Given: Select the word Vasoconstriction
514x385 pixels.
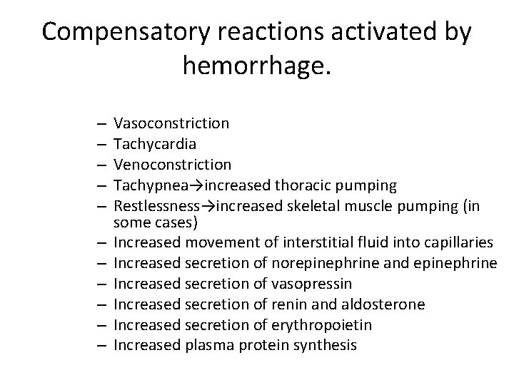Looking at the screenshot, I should (x=171, y=123).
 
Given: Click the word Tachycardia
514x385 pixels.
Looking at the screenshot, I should (x=155, y=144).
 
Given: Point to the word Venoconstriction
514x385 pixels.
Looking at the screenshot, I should (x=172, y=165).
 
